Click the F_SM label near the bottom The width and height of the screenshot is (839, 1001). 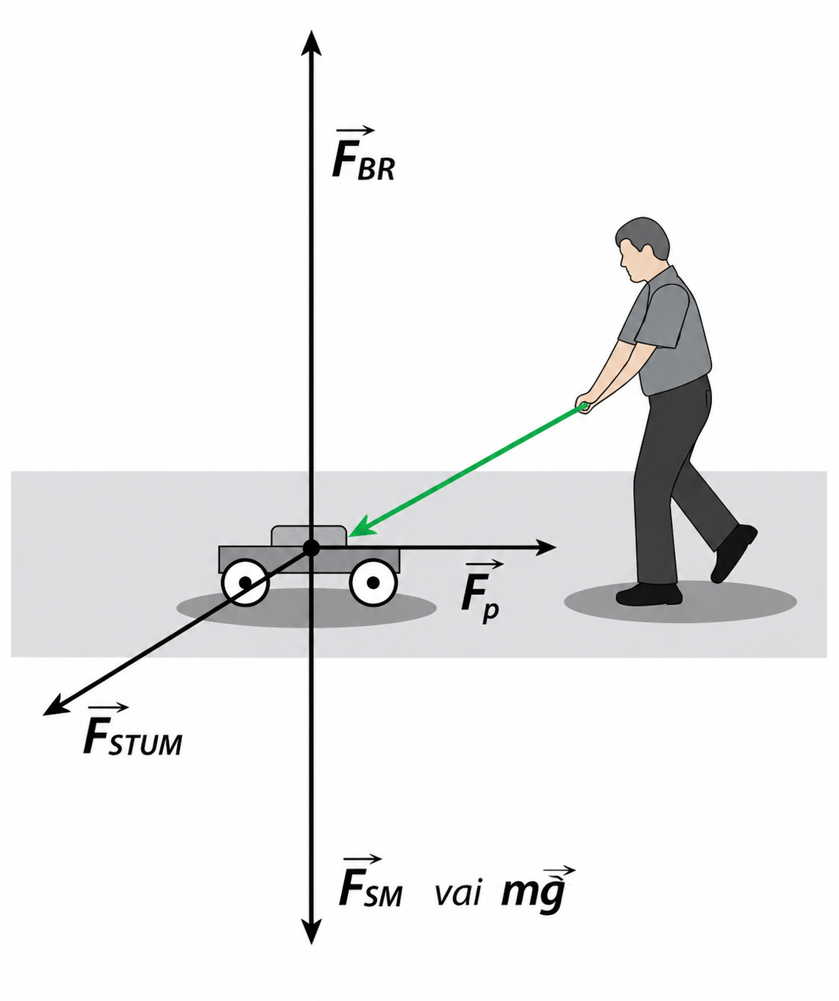(370, 883)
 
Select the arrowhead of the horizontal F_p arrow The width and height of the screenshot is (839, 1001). (547, 547)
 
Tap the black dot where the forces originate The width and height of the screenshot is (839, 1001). (311, 547)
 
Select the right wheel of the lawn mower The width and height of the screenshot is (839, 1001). (373, 582)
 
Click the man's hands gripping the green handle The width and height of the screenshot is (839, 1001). (585, 403)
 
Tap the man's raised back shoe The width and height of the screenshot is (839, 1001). (733, 552)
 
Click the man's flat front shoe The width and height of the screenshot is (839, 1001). (648, 594)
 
